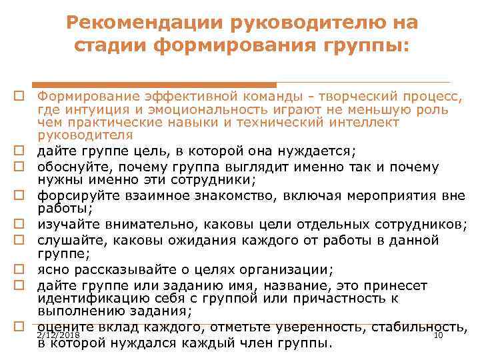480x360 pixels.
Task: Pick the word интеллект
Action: [367, 122]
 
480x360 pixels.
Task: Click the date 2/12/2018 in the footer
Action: [59, 335]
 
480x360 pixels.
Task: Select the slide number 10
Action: [438, 335]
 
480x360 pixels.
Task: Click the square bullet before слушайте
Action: [21, 239]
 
